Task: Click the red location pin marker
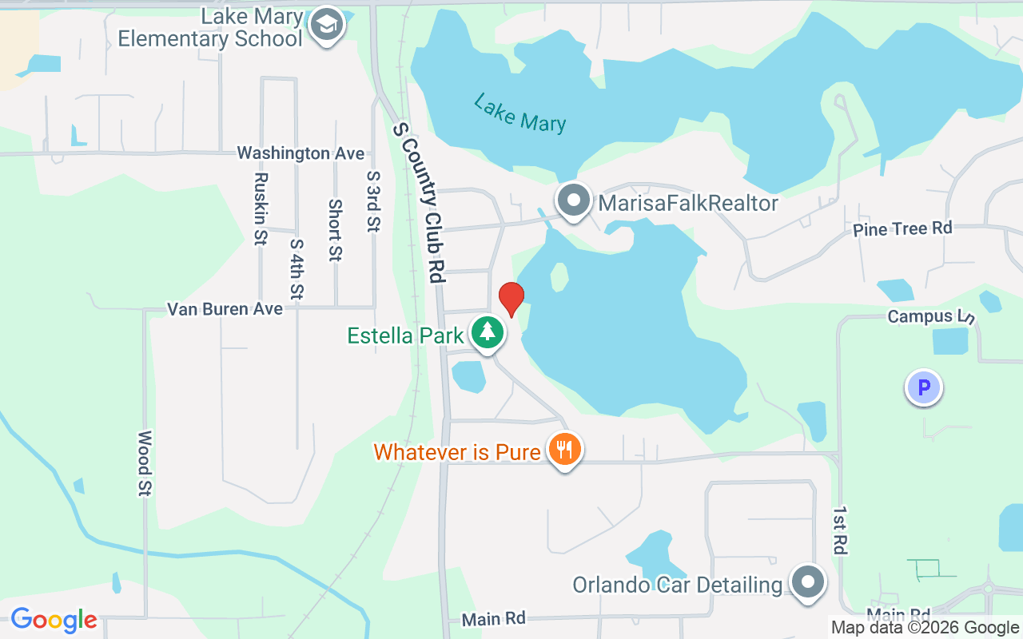[x=511, y=299]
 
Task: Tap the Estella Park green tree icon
[x=487, y=332]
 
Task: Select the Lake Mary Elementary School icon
[x=326, y=26]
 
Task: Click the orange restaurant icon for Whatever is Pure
[x=564, y=450]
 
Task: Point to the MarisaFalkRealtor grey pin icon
[x=574, y=200]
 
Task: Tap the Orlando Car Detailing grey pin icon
[x=807, y=582]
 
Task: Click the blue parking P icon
[x=924, y=389]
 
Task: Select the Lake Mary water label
[x=519, y=113]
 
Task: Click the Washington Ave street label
[x=301, y=153]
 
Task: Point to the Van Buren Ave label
[x=225, y=309]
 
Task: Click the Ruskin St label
[x=260, y=208]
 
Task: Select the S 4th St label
[x=297, y=269]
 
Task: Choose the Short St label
[x=335, y=230]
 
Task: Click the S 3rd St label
[x=372, y=200]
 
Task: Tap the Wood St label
[x=145, y=463]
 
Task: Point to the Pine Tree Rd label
[x=902, y=229]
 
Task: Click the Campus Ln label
[x=931, y=316]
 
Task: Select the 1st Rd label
[x=839, y=530]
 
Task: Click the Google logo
[x=54, y=619]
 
